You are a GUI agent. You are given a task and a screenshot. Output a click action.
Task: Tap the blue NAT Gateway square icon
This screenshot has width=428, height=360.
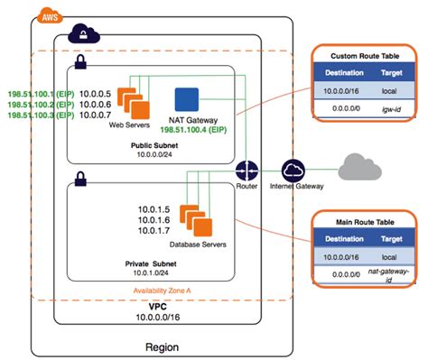point(186,98)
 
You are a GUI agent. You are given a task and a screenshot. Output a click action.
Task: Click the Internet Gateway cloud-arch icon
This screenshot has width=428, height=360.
point(293,171)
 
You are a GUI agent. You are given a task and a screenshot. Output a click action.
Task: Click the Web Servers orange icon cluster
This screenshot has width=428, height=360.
point(132,95)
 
